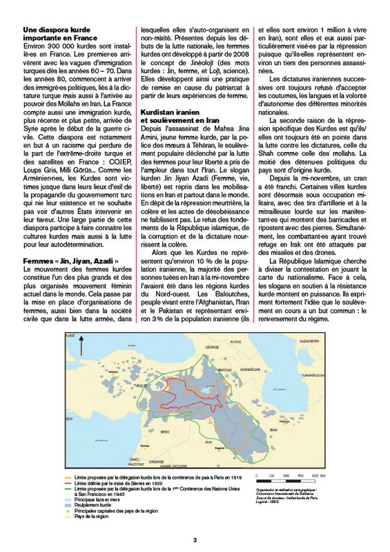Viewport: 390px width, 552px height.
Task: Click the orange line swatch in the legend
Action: (68, 477)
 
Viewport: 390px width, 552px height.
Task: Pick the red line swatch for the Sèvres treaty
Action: (68, 484)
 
